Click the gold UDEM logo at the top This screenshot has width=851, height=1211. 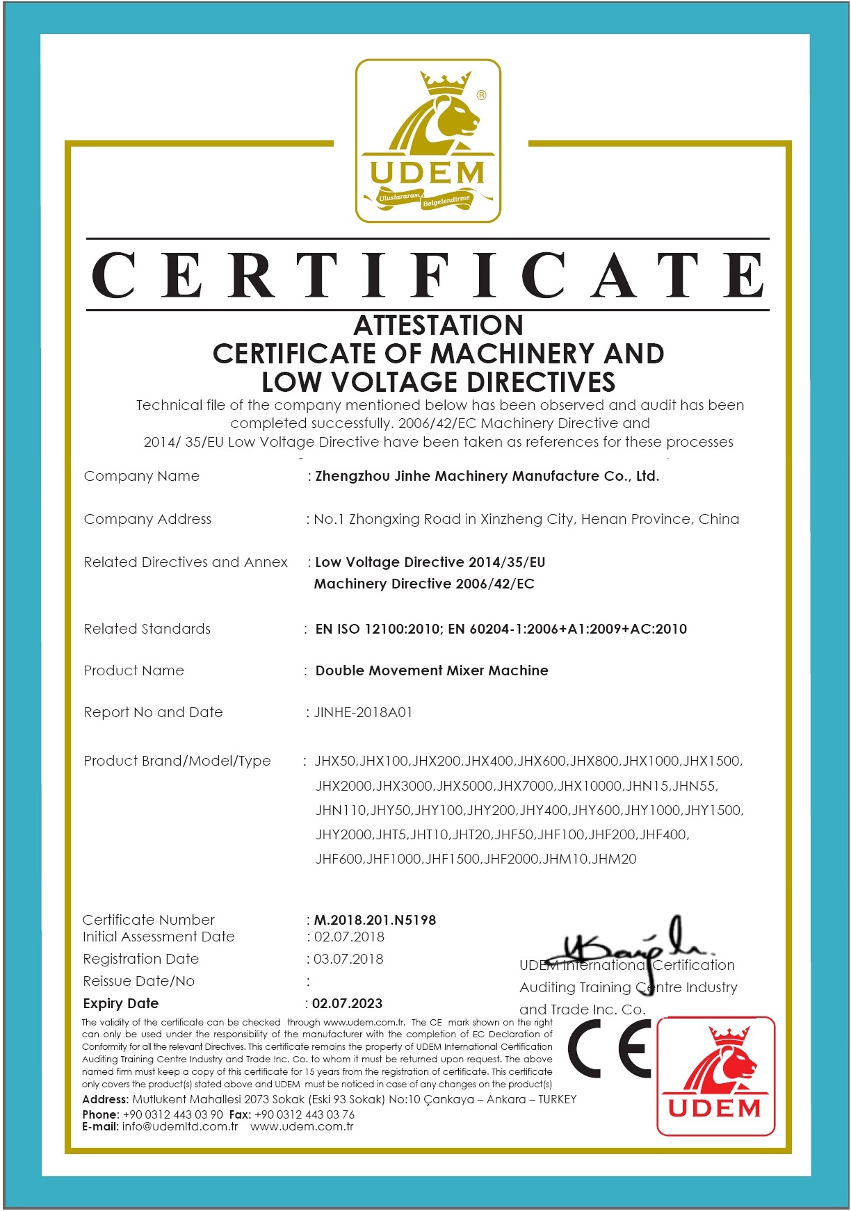click(x=428, y=141)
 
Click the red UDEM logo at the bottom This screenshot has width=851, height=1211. click(x=715, y=1076)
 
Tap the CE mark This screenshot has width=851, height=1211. click(x=610, y=1049)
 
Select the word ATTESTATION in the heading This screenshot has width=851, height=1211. click(x=438, y=325)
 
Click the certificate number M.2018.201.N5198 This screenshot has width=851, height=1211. click(x=375, y=920)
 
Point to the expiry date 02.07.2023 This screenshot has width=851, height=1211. click(x=347, y=1003)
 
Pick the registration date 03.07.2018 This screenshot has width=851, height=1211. click(x=348, y=959)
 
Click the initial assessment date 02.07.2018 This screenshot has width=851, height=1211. click(x=349, y=937)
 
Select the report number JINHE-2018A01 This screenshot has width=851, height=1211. click(x=363, y=712)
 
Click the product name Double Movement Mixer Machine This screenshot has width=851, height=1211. click(x=432, y=670)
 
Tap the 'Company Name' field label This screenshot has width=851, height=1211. click(x=141, y=476)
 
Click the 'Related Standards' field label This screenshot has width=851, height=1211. click(x=147, y=629)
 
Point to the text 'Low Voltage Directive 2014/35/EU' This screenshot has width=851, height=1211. click(x=430, y=562)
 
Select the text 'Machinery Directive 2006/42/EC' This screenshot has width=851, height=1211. click(x=424, y=584)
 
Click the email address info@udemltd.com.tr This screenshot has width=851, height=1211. click(x=179, y=1126)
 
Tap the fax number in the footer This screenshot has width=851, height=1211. click(x=305, y=1114)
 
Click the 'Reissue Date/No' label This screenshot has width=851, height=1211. click(x=138, y=981)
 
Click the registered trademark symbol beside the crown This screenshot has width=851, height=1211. click(x=481, y=95)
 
